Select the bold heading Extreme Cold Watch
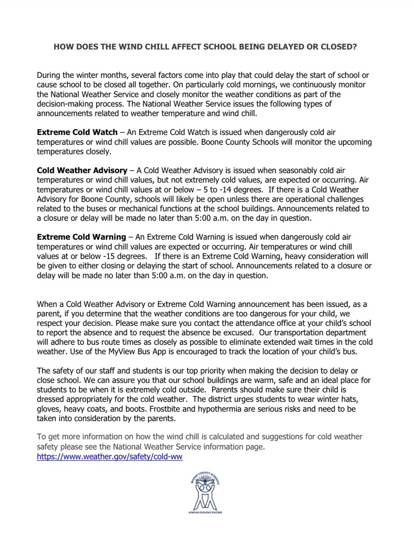pos(77,132)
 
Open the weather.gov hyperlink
pos(109,457)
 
